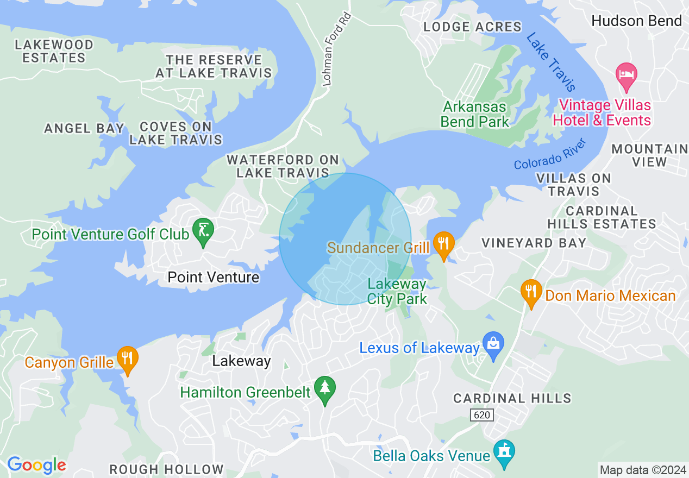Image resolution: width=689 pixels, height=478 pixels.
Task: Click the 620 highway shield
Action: (x=481, y=415)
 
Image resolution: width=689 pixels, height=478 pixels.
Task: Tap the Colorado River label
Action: (x=550, y=154)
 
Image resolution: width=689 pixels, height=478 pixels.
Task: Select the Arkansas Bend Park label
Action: (x=475, y=114)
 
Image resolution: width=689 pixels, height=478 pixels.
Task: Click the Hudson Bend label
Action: (x=636, y=21)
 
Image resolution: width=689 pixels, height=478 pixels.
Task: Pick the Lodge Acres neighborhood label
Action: (x=472, y=27)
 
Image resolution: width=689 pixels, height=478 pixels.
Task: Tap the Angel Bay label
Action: (x=84, y=129)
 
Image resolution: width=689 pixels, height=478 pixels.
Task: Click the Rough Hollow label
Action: (x=166, y=469)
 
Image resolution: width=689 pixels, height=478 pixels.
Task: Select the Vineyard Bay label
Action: (x=534, y=243)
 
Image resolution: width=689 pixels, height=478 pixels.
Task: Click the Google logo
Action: (x=36, y=465)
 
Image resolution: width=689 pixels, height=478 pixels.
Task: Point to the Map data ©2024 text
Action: (x=642, y=470)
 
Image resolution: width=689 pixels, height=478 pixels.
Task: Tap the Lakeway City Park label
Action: (x=397, y=292)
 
